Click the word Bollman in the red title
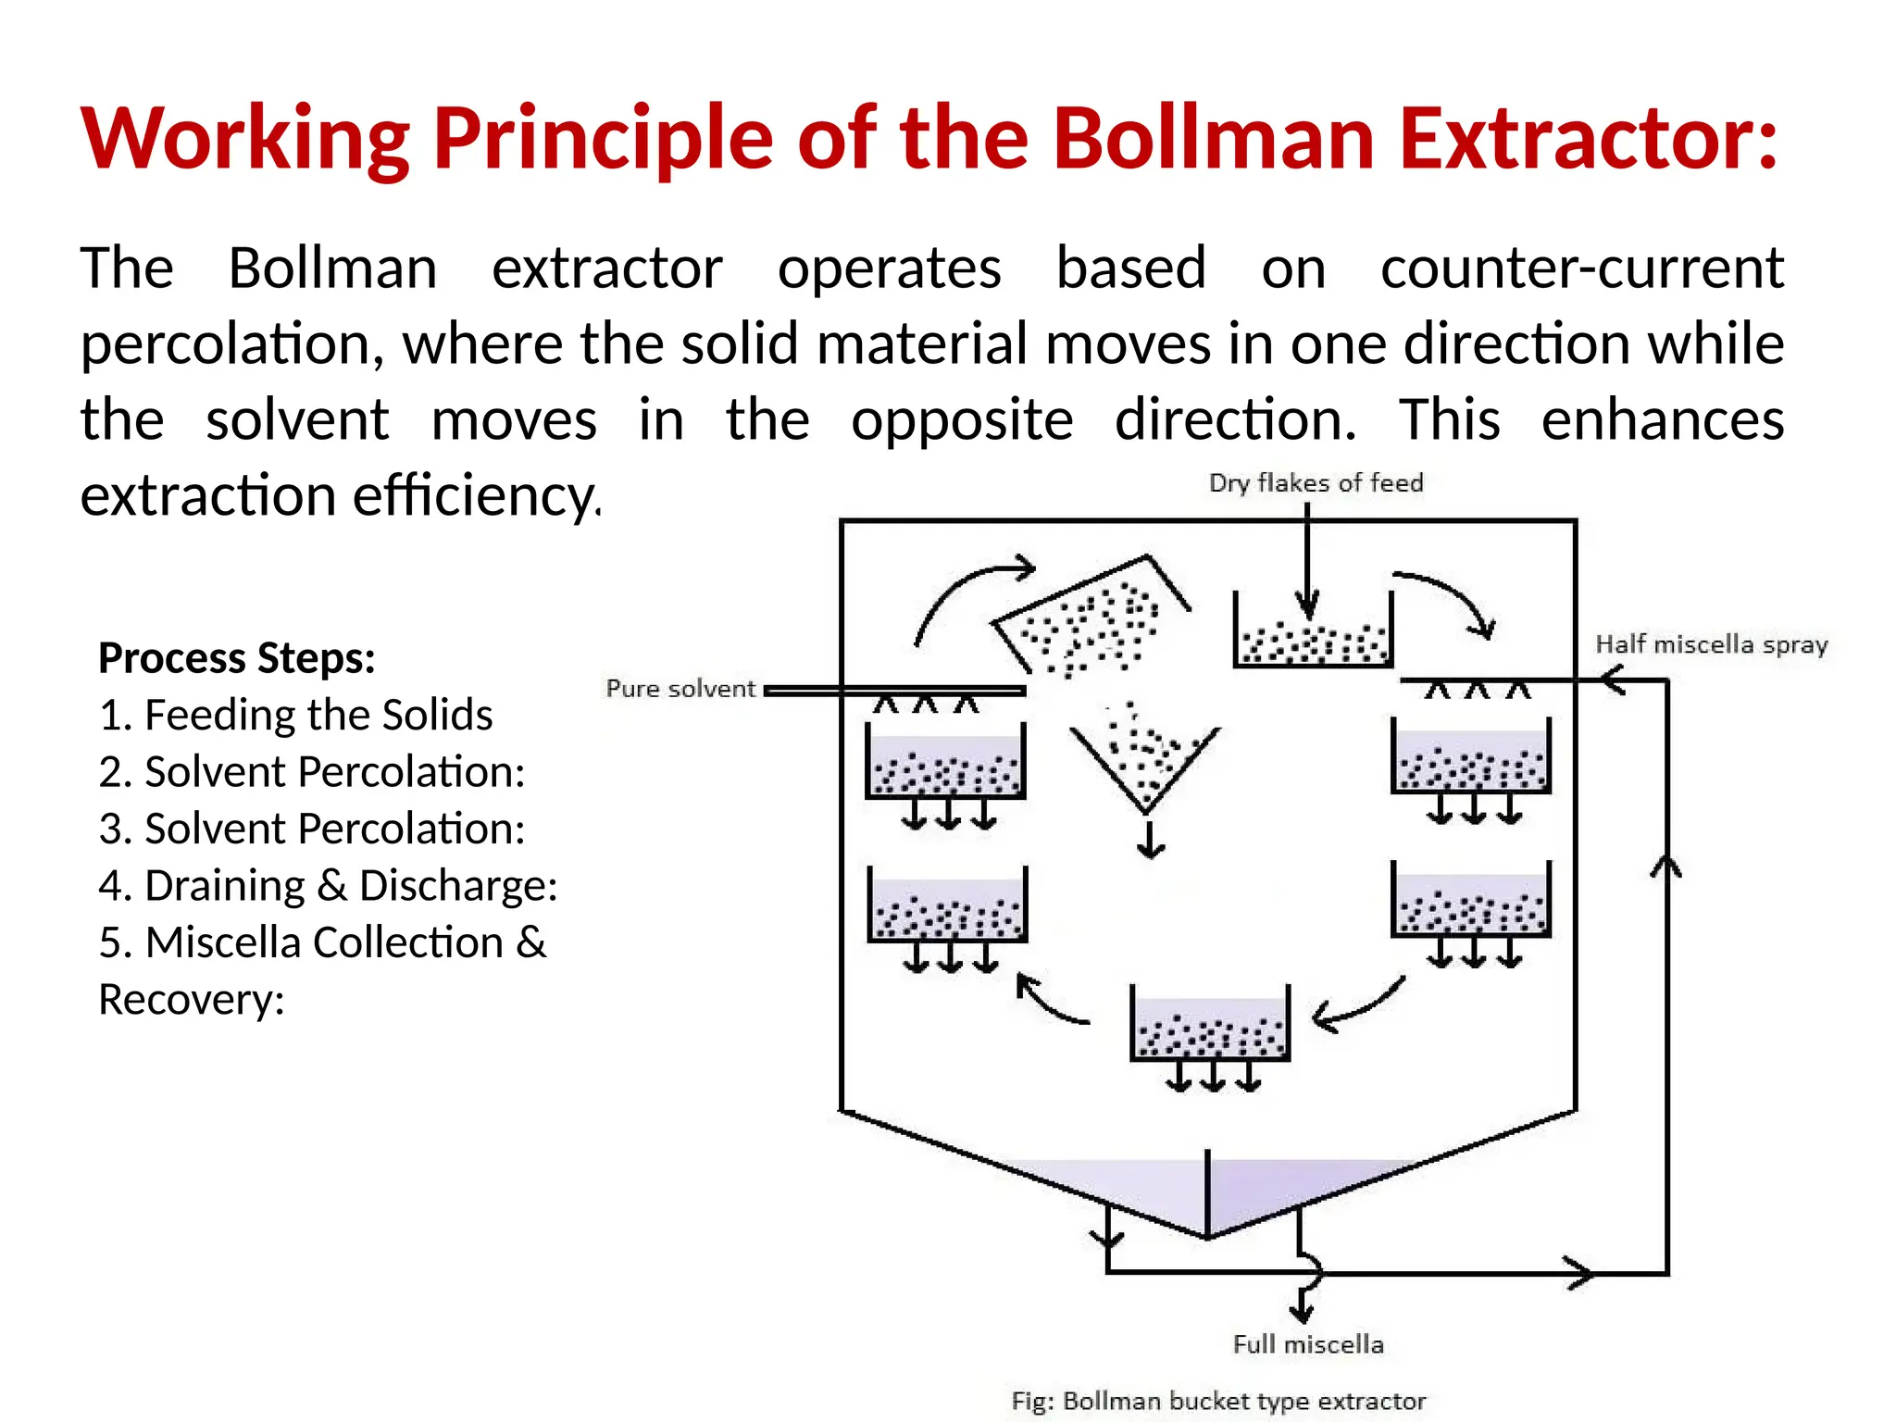click(1213, 139)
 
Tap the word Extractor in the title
click(1588, 139)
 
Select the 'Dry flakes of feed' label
click(1316, 482)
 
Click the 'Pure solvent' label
click(680, 689)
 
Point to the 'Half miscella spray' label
click(1712, 644)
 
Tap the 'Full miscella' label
click(1308, 1344)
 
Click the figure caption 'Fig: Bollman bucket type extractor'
click(1218, 1401)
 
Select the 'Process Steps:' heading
click(237, 658)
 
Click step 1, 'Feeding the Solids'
click(296, 715)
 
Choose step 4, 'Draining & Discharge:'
click(329, 886)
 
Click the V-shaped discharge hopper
click(1145, 759)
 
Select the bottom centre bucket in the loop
click(1210, 1028)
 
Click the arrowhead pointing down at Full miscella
click(1302, 1312)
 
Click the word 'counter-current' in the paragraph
click(1582, 268)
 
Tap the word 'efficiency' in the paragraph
click(476, 496)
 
